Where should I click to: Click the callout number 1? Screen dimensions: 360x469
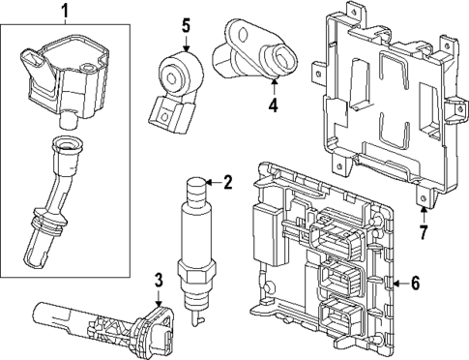pyautogui.click(x=66, y=12)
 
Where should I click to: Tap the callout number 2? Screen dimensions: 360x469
pyautogui.click(x=228, y=182)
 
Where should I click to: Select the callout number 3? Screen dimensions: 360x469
pyautogui.click(x=158, y=282)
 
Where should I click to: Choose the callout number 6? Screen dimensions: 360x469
pyautogui.click(x=416, y=283)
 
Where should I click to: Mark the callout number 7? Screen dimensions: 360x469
pyautogui.click(x=423, y=232)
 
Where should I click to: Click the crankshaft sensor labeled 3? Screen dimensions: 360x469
pyautogui.click(x=97, y=320)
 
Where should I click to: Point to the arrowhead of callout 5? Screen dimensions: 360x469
pyautogui.click(x=186, y=45)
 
